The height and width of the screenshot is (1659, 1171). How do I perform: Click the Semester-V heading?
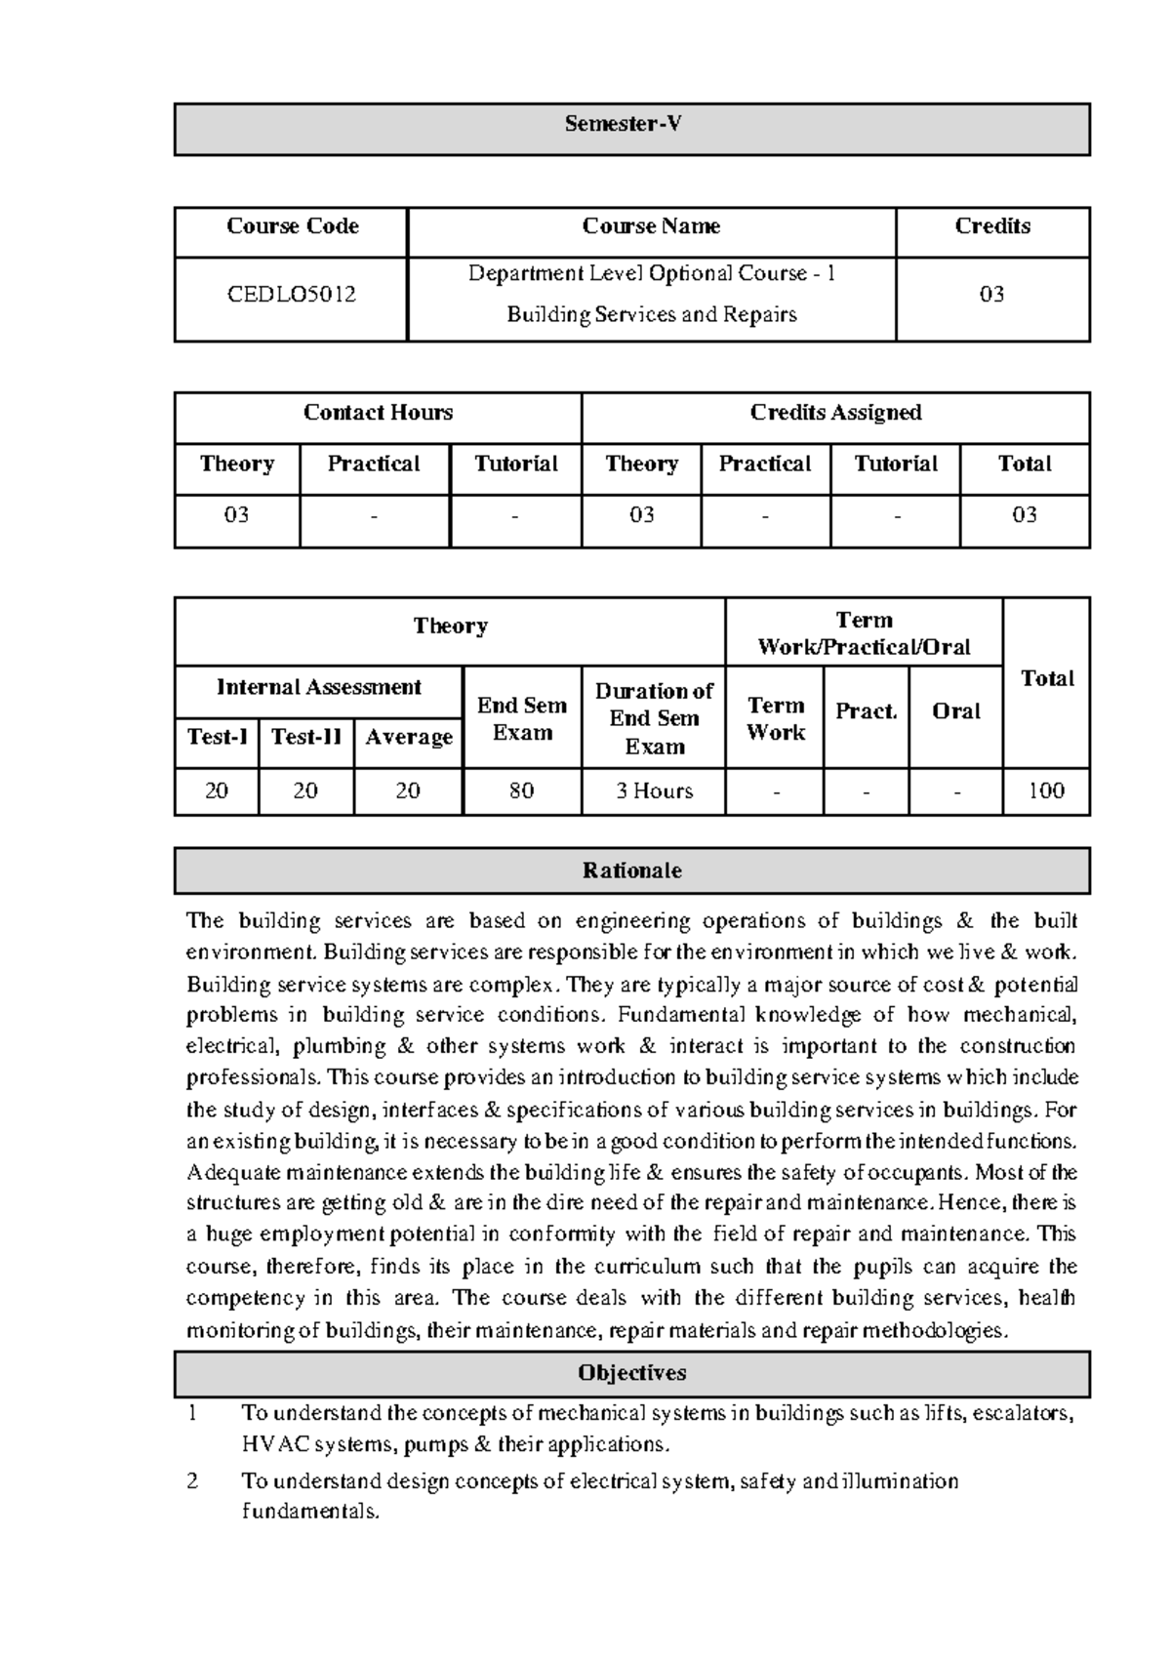click(x=623, y=124)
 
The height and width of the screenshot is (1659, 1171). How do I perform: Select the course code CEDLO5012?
click(x=291, y=294)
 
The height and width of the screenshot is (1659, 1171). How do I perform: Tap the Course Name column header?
click(x=651, y=226)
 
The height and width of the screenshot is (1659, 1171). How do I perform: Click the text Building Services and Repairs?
click(x=651, y=314)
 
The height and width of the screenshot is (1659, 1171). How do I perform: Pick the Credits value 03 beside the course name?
click(x=991, y=294)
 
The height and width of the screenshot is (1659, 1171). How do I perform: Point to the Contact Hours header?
click(x=378, y=413)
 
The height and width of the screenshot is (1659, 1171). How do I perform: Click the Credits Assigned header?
click(x=835, y=413)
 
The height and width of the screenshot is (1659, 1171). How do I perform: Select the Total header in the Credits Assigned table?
click(x=1024, y=465)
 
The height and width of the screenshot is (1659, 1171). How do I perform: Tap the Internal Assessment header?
click(x=318, y=687)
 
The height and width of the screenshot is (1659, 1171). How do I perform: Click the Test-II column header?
click(x=305, y=737)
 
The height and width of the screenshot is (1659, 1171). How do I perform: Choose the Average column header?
click(x=408, y=737)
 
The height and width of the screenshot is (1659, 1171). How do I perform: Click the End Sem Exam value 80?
click(x=521, y=790)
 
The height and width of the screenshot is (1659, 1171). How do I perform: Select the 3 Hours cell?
click(x=654, y=790)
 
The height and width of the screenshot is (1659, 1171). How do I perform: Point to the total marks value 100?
click(x=1046, y=790)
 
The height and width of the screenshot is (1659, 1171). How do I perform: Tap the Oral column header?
click(x=955, y=711)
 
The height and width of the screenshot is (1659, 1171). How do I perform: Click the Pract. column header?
click(x=866, y=711)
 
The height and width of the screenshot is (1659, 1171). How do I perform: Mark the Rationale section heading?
click(x=631, y=870)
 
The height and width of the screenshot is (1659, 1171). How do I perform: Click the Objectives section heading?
click(x=631, y=1373)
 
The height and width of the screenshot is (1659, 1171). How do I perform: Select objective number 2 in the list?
click(x=192, y=1481)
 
